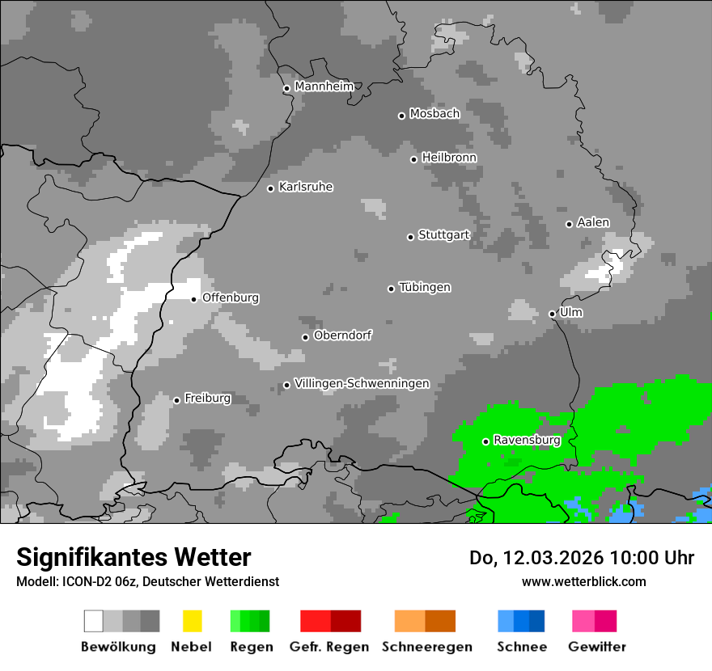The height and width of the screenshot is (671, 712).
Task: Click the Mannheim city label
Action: pyautogui.click(x=324, y=87)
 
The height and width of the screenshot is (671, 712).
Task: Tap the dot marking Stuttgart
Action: pyautogui.click(x=410, y=237)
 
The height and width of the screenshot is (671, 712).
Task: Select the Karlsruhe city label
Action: pyautogui.click(x=305, y=187)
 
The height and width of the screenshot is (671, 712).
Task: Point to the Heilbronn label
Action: pyautogui.click(x=449, y=158)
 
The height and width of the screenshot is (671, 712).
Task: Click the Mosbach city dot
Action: pyautogui.click(x=401, y=116)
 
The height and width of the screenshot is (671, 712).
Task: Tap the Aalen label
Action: pyautogui.click(x=593, y=222)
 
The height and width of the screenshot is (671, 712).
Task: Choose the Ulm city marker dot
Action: pyautogui.click(x=552, y=314)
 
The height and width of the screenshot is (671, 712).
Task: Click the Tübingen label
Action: pyautogui.click(x=425, y=287)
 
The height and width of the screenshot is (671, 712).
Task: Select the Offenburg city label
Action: pyautogui.click(x=231, y=298)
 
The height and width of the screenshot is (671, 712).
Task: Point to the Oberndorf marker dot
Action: pyautogui.click(x=305, y=337)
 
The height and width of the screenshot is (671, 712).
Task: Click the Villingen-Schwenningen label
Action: pyautogui.click(x=362, y=383)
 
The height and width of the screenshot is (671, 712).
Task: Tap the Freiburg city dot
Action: pyautogui.click(x=176, y=400)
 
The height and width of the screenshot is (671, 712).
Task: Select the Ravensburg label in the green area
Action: pyautogui.click(x=527, y=440)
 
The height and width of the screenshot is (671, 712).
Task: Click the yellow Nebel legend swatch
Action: pyautogui.click(x=192, y=621)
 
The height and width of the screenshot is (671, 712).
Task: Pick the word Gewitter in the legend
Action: pyautogui.click(x=597, y=647)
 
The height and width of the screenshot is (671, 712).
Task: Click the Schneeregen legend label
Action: pyautogui.click(x=426, y=647)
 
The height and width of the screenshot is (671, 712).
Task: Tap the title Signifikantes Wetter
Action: pyautogui.click(x=133, y=557)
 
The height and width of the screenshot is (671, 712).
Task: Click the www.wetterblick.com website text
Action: pyautogui.click(x=583, y=581)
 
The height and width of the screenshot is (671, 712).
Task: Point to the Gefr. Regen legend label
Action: pyautogui.click(x=329, y=647)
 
